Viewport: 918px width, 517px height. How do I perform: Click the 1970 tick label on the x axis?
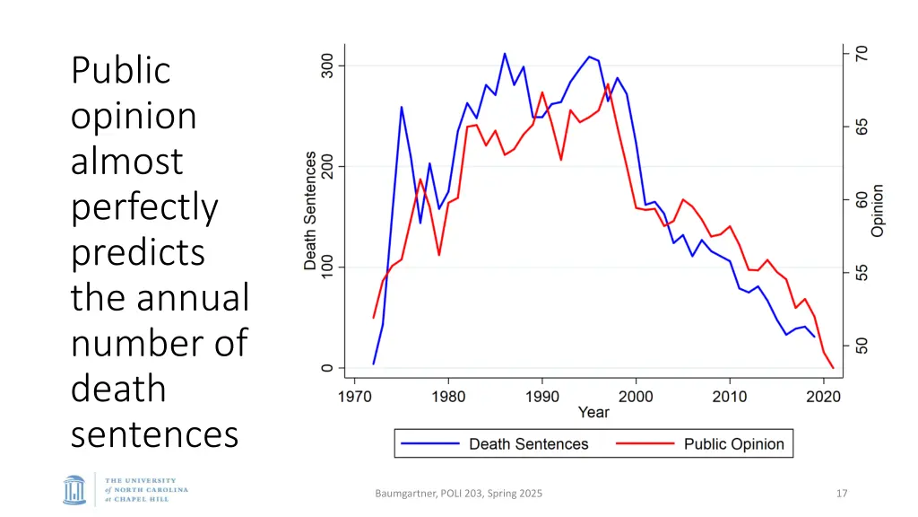tap(355, 395)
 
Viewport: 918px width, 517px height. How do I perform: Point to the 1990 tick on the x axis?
tap(542, 395)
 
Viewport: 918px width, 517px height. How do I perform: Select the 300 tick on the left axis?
tap(328, 65)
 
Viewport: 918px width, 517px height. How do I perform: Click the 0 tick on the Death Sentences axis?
tap(328, 367)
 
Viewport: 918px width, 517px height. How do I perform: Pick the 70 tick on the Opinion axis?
tap(861, 54)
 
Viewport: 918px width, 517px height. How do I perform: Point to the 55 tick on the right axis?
tap(861, 273)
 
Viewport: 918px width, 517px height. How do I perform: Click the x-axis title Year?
tap(593, 413)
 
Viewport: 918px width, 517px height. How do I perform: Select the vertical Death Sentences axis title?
tap(310, 211)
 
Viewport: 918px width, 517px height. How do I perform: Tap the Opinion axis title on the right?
tap(878, 210)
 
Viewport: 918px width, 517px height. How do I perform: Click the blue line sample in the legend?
tap(431, 443)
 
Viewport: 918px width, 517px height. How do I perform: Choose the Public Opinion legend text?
tap(733, 443)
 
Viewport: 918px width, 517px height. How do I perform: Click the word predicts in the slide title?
tap(138, 252)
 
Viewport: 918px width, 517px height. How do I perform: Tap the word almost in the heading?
tap(126, 162)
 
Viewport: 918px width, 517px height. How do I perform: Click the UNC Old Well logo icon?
tap(74, 490)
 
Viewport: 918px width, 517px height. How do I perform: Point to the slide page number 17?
tap(842, 493)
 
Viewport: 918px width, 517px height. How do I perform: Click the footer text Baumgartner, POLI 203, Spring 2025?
tap(459, 493)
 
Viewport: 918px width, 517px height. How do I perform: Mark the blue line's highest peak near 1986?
tap(505, 54)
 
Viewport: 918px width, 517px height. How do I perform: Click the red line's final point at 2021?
tap(833, 368)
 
